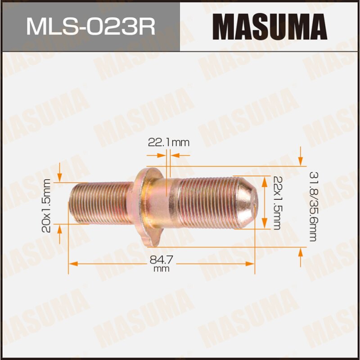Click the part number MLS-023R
coord(90,26)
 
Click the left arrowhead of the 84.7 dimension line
coord(72,261)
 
